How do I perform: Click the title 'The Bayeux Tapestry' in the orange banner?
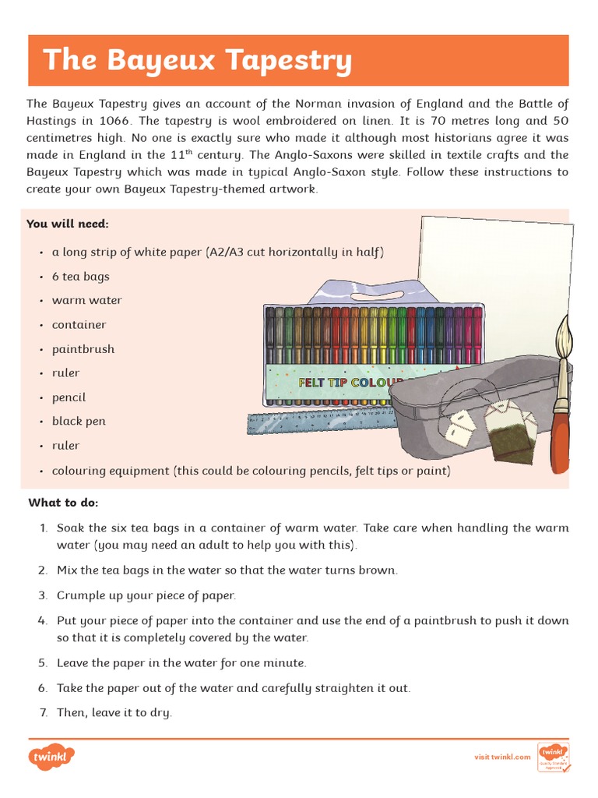coord(197,60)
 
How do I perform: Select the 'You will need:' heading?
coord(68,224)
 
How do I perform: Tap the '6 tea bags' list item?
coord(80,277)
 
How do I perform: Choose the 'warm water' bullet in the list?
coord(86,301)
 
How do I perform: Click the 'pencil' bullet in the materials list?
coord(69,397)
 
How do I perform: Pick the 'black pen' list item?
coord(78,422)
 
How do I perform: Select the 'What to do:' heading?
coord(64,502)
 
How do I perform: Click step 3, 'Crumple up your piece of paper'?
coord(146,595)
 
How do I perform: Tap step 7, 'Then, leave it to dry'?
coord(114,712)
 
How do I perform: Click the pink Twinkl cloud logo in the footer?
coord(51,757)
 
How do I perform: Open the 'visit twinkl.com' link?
coord(502,757)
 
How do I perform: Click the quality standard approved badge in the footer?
coord(554,757)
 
